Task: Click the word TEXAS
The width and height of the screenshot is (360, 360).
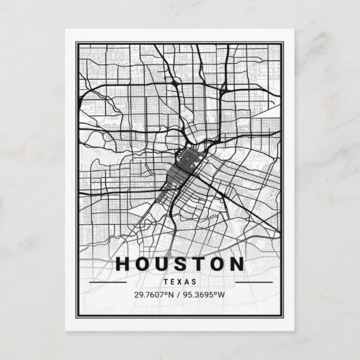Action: (x=180, y=281)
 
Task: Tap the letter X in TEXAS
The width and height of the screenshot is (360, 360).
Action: (x=180, y=281)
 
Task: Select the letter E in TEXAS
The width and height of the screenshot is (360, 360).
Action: (x=173, y=281)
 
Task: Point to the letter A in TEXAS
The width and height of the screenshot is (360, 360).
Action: (x=187, y=281)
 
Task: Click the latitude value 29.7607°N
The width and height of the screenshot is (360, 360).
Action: (x=154, y=295)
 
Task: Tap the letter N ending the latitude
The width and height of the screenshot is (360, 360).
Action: (x=172, y=295)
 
